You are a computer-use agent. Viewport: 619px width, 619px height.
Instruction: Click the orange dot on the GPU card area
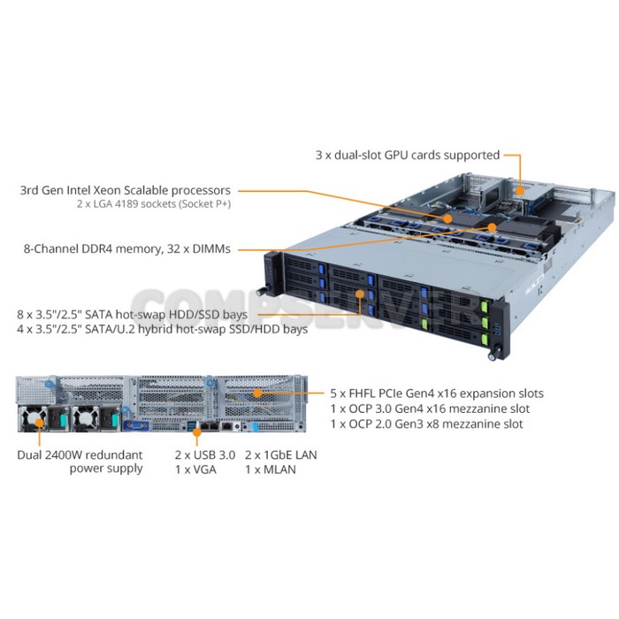tap(521, 191)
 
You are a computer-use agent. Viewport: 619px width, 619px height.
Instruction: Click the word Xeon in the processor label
tap(107, 190)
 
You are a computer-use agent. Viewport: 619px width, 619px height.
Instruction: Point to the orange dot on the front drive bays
tap(360, 294)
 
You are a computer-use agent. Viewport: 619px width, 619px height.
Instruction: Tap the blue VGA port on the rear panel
tap(136, 425)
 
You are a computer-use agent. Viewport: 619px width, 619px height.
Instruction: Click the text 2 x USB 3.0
tap(205, 455)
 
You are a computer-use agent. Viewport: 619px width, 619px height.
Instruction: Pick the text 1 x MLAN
tap(271, 470)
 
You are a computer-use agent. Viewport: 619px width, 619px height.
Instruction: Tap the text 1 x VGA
tap(195, 470)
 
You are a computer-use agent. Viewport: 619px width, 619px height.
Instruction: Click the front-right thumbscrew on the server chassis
tap(493, 355)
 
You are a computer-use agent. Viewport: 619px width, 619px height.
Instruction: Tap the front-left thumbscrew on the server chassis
tap(261, 292)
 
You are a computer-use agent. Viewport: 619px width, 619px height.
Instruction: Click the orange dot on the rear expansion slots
tap(257, 394)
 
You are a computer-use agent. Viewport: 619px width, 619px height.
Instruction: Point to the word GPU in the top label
tap(396, 155)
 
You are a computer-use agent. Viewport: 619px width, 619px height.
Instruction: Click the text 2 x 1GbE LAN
tap(280, 455)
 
